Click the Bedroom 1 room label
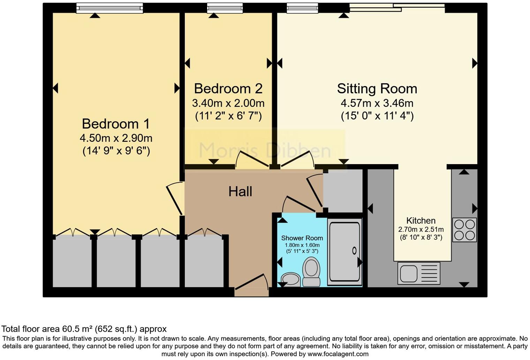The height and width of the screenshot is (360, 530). click(116, 124)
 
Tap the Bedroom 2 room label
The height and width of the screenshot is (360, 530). click(228, 89)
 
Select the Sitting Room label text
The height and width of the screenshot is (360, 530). click(377, 89)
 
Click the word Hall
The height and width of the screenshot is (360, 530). click(240, 191)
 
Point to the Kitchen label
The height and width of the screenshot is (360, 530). click(421, 221)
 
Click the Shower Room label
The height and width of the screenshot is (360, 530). click(302, 238)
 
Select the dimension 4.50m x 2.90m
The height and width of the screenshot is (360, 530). click(116, 138)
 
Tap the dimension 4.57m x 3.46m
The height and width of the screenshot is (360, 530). click(377, 103)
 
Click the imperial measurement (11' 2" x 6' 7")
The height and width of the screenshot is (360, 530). click(228, 116)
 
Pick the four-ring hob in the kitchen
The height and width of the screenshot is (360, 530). click(464, 230)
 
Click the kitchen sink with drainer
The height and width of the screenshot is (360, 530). click(418, 273)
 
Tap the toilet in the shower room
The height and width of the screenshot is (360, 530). click(311, 272)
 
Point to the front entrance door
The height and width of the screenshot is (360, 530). click(251, 283)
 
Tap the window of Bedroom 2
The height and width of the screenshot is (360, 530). click(225, 8)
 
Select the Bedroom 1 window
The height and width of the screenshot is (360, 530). click(109, 8)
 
